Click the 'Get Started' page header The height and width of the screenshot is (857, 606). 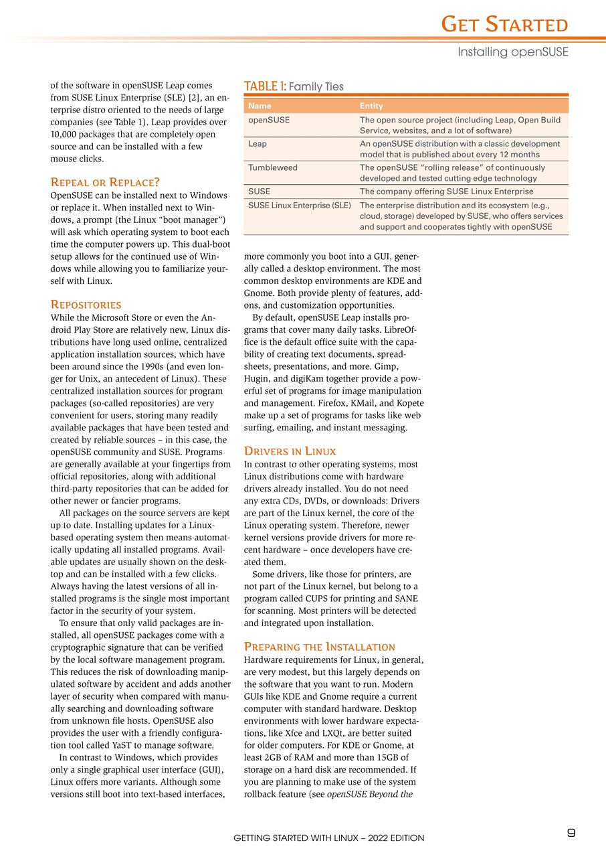click(505, 25)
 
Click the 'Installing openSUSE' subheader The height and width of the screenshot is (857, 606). click(512, 52)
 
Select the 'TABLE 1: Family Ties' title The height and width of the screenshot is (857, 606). click(294, 86)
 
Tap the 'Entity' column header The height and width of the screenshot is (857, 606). click(371, 106)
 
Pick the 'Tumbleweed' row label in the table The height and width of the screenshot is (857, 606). click(273, 167)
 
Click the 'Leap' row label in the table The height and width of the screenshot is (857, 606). click(258, 144)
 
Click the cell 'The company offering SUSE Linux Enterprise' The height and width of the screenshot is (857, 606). click(442, 191)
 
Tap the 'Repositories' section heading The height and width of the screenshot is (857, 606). click(86, 305)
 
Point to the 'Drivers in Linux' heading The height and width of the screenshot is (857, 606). click(290, 451)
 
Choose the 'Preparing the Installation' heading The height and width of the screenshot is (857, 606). click(320, 647)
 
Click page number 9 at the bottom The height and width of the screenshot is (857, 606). click(571, 833)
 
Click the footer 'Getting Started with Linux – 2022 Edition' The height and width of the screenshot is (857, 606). click(328, 838)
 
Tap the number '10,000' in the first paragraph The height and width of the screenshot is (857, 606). click(66, 135)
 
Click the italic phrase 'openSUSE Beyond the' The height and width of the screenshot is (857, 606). click(370, 795)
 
